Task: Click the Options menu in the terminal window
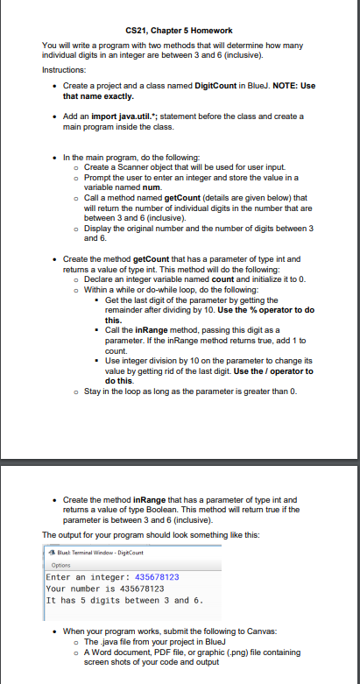(60, 565)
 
